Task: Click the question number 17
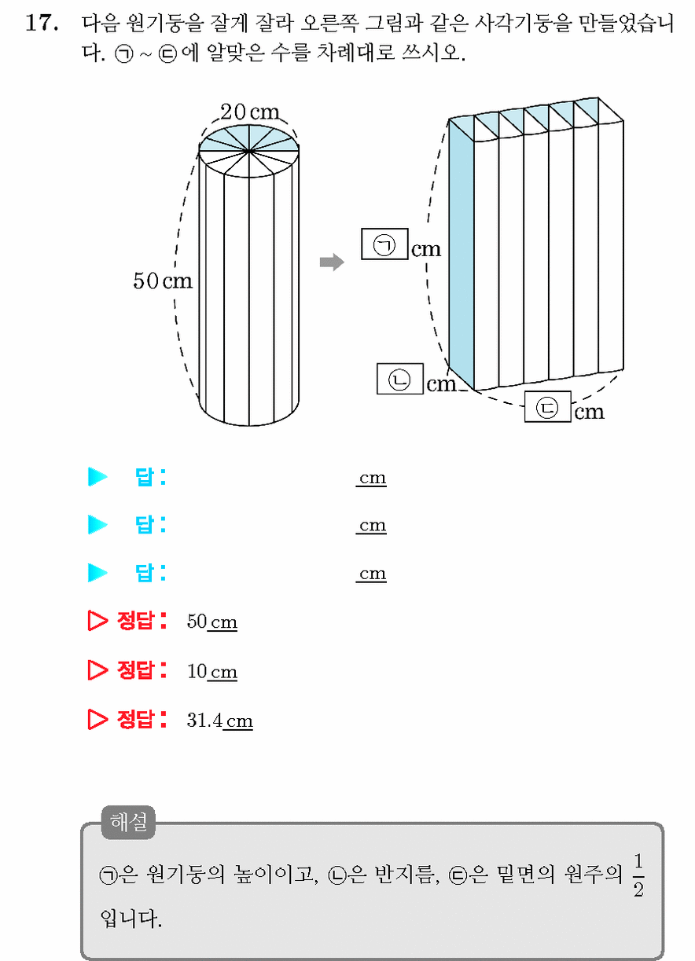(x=42, y=23)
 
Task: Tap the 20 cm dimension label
(x=250, y=112)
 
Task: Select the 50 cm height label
(x=163, y=281)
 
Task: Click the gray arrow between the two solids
(x=332, y=262)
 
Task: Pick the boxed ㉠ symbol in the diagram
(x=384, y=244)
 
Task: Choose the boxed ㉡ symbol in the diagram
(x=399, y=379)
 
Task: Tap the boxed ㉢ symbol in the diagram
(x=547, y=407)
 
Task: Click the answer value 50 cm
(x=211, y=622)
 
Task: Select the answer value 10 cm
(x=211, y=671)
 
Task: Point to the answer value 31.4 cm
(x=220, y=720)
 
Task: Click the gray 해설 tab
(x=128, y=821)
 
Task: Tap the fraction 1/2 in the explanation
(x=638, y=875)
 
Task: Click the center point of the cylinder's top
(x=249, y=151)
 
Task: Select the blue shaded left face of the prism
(x=461, y=255)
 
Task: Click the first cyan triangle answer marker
(x=97, y=477)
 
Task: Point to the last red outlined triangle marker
(x=97, y=720)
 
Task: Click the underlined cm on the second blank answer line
(x=372, y=525)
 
